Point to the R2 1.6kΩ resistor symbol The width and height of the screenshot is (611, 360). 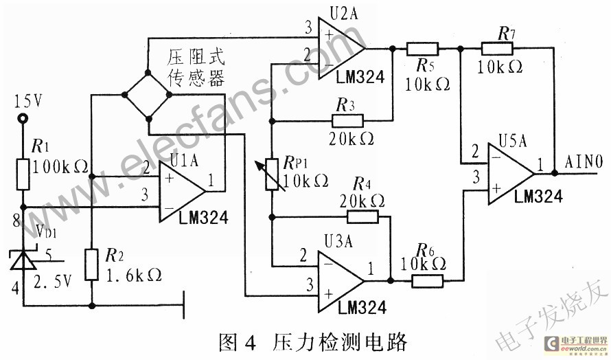(91, 265)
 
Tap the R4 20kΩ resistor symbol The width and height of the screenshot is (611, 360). (362, 216)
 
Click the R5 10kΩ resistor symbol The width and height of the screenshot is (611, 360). (422, 49)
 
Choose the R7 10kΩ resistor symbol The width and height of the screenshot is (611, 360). (496, 48)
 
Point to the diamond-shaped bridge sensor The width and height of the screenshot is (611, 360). (150, 96)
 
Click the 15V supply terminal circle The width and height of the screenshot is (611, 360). (23, 118)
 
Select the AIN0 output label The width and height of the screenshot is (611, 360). (584, 163)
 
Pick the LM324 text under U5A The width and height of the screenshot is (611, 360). (538, 196)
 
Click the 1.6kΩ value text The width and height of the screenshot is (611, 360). (136, 275)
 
